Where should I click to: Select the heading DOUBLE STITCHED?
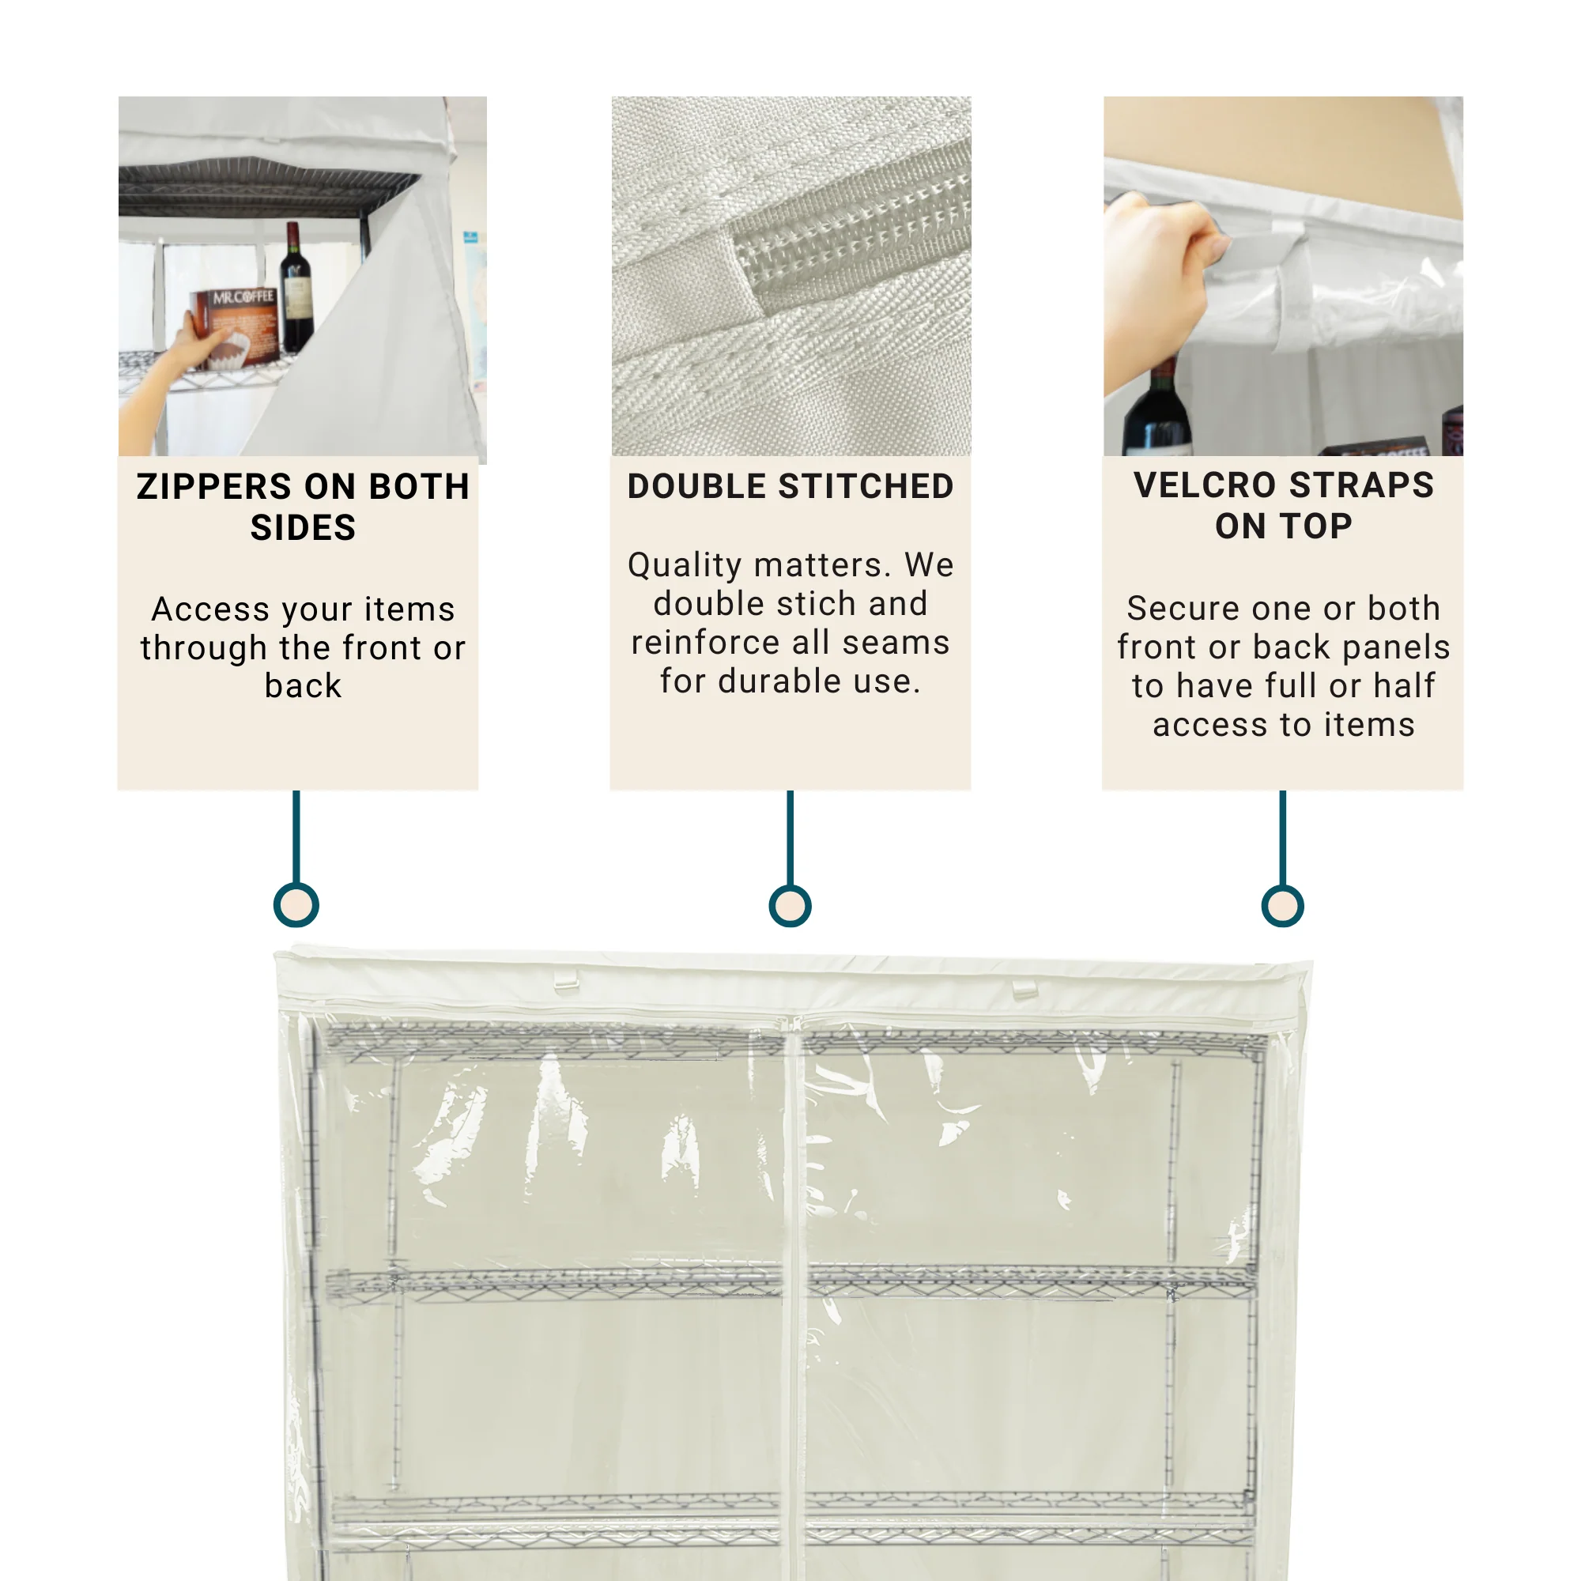(x=790, y=487)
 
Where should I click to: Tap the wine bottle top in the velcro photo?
(x=1158, y=409)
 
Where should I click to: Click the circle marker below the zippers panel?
(x=296, y=905)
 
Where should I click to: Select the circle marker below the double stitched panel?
(x=790, y=906)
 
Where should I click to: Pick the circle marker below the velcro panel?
(x=1282, y=906)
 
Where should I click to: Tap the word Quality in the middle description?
(x=684, y=565)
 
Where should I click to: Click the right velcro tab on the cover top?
(x=1024, y=990)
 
